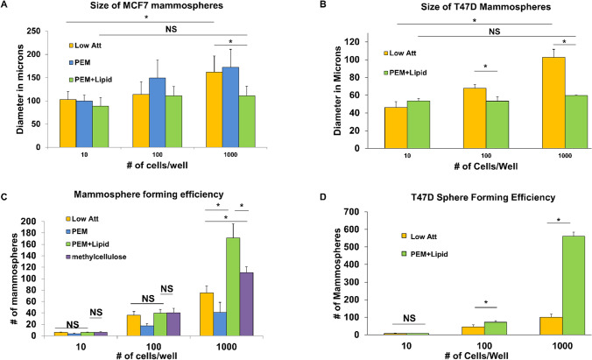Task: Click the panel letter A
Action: click(x=7, y=7)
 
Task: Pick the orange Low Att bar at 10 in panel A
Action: click(x=67, y=123)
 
